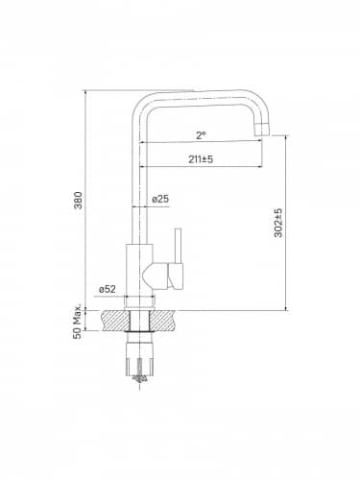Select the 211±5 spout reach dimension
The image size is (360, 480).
201,158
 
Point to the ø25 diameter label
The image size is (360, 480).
161,199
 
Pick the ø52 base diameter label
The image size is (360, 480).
107,288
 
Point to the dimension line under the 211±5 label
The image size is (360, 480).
201,166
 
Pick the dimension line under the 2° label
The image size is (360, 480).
201,142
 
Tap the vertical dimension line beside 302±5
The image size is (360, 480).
287,223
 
